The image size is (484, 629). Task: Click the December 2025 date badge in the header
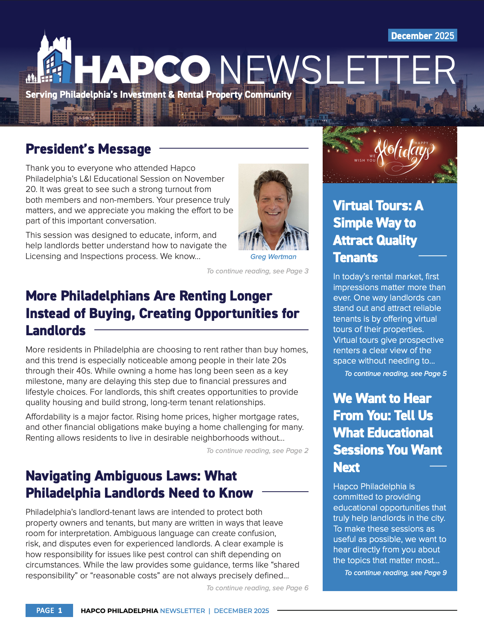point(422,36)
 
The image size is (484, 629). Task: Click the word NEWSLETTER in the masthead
point(337,70)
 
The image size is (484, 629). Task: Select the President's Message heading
point(88,149)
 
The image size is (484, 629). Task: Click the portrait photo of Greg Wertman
point(273,206)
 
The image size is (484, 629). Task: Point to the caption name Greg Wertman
point(273,257)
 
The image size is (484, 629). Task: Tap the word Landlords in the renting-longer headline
point(56,330)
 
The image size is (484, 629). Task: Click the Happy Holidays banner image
point(389,155)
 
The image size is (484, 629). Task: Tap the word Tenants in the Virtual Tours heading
point(355,257)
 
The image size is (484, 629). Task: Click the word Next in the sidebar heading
point(346,467)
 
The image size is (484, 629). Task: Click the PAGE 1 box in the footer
point(49,610)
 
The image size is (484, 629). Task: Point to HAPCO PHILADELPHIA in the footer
point(119,611)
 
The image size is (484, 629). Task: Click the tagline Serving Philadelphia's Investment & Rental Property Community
point(159,95)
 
